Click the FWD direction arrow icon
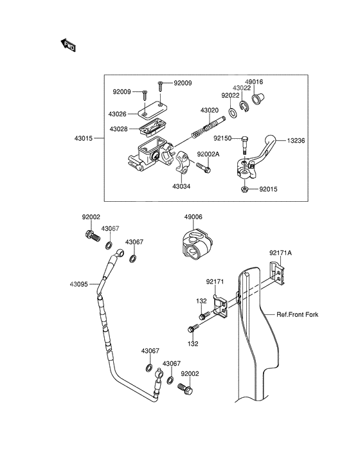point(68,45)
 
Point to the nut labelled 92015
point(245,190)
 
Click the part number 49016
point(254,82)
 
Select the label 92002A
point(209,154)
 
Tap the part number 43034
point(182,186)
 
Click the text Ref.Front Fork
point(297,315)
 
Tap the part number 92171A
point(280,253)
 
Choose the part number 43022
point(242,88)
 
